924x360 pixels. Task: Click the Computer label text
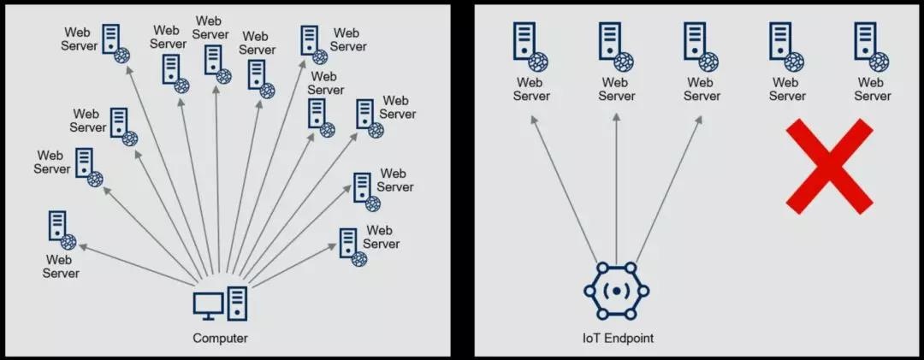(220, 338)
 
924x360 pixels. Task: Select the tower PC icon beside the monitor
(237, 303)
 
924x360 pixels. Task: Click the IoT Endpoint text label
(615, 338)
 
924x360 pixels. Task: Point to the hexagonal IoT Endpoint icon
(616, 291)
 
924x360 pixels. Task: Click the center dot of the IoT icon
(616, 291)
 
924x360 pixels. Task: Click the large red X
(829, 166)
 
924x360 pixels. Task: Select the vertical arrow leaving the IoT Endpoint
(616, 188)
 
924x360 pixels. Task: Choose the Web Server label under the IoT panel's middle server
(701, 89)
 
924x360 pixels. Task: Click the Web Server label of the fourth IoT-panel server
(786, 89)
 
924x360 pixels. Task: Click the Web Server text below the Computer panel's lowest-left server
(61, 266)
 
